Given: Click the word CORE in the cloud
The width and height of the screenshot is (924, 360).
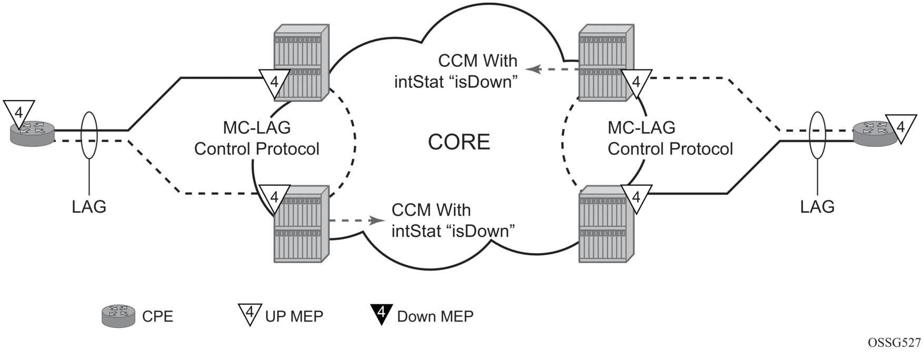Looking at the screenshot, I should (x=459, y=142).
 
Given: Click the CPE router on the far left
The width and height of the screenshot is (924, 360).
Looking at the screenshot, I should (x=32, y=132).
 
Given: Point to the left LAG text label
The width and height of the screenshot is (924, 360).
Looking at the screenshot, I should (x=89, y=207).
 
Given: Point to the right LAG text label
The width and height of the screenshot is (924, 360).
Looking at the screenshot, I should (x=817, y=207).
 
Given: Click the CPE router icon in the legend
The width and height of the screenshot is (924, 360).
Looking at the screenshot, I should (x=119, y=316).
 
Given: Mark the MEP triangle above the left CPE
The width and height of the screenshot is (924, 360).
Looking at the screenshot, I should (x=18, y=114).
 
